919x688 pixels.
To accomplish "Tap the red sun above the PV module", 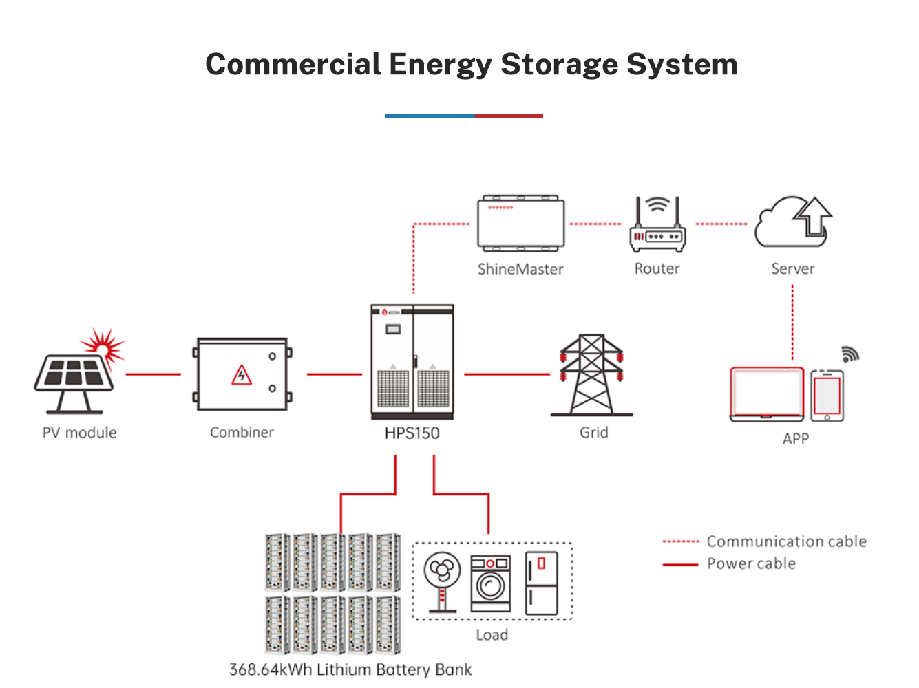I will pyautogui.click(x=103, y=344).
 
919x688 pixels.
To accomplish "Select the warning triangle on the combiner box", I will pyautogui.click(x=241, y=375).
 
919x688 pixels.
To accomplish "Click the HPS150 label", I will pyautogui.click(x=412, y=433).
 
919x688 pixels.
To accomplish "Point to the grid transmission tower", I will pyautogui.click(x=591, y=375).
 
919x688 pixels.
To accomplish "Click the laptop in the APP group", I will pyautogui.click(x=767, y=394).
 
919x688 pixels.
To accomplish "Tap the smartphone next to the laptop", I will pyautogui.click(x=827, y=396).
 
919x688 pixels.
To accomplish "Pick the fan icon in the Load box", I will pyautogui.click(x=442, y=580).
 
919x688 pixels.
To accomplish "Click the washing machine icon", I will pyautogui.click(x=491, y=583).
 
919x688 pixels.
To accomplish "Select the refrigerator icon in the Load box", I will pyautogui.click(x=541, y=583).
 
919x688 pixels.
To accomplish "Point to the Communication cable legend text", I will pyautogui.click(x=786, y=541).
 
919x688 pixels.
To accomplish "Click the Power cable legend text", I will pyautogui.click(x=751, y=563).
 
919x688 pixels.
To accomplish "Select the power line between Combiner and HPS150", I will pyautogui.click(x=334, y=374).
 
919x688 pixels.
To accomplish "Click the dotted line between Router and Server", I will pyautogui.click(x=721, y=224).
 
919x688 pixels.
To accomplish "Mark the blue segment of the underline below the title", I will pyautogui.click(x=430, y=116).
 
